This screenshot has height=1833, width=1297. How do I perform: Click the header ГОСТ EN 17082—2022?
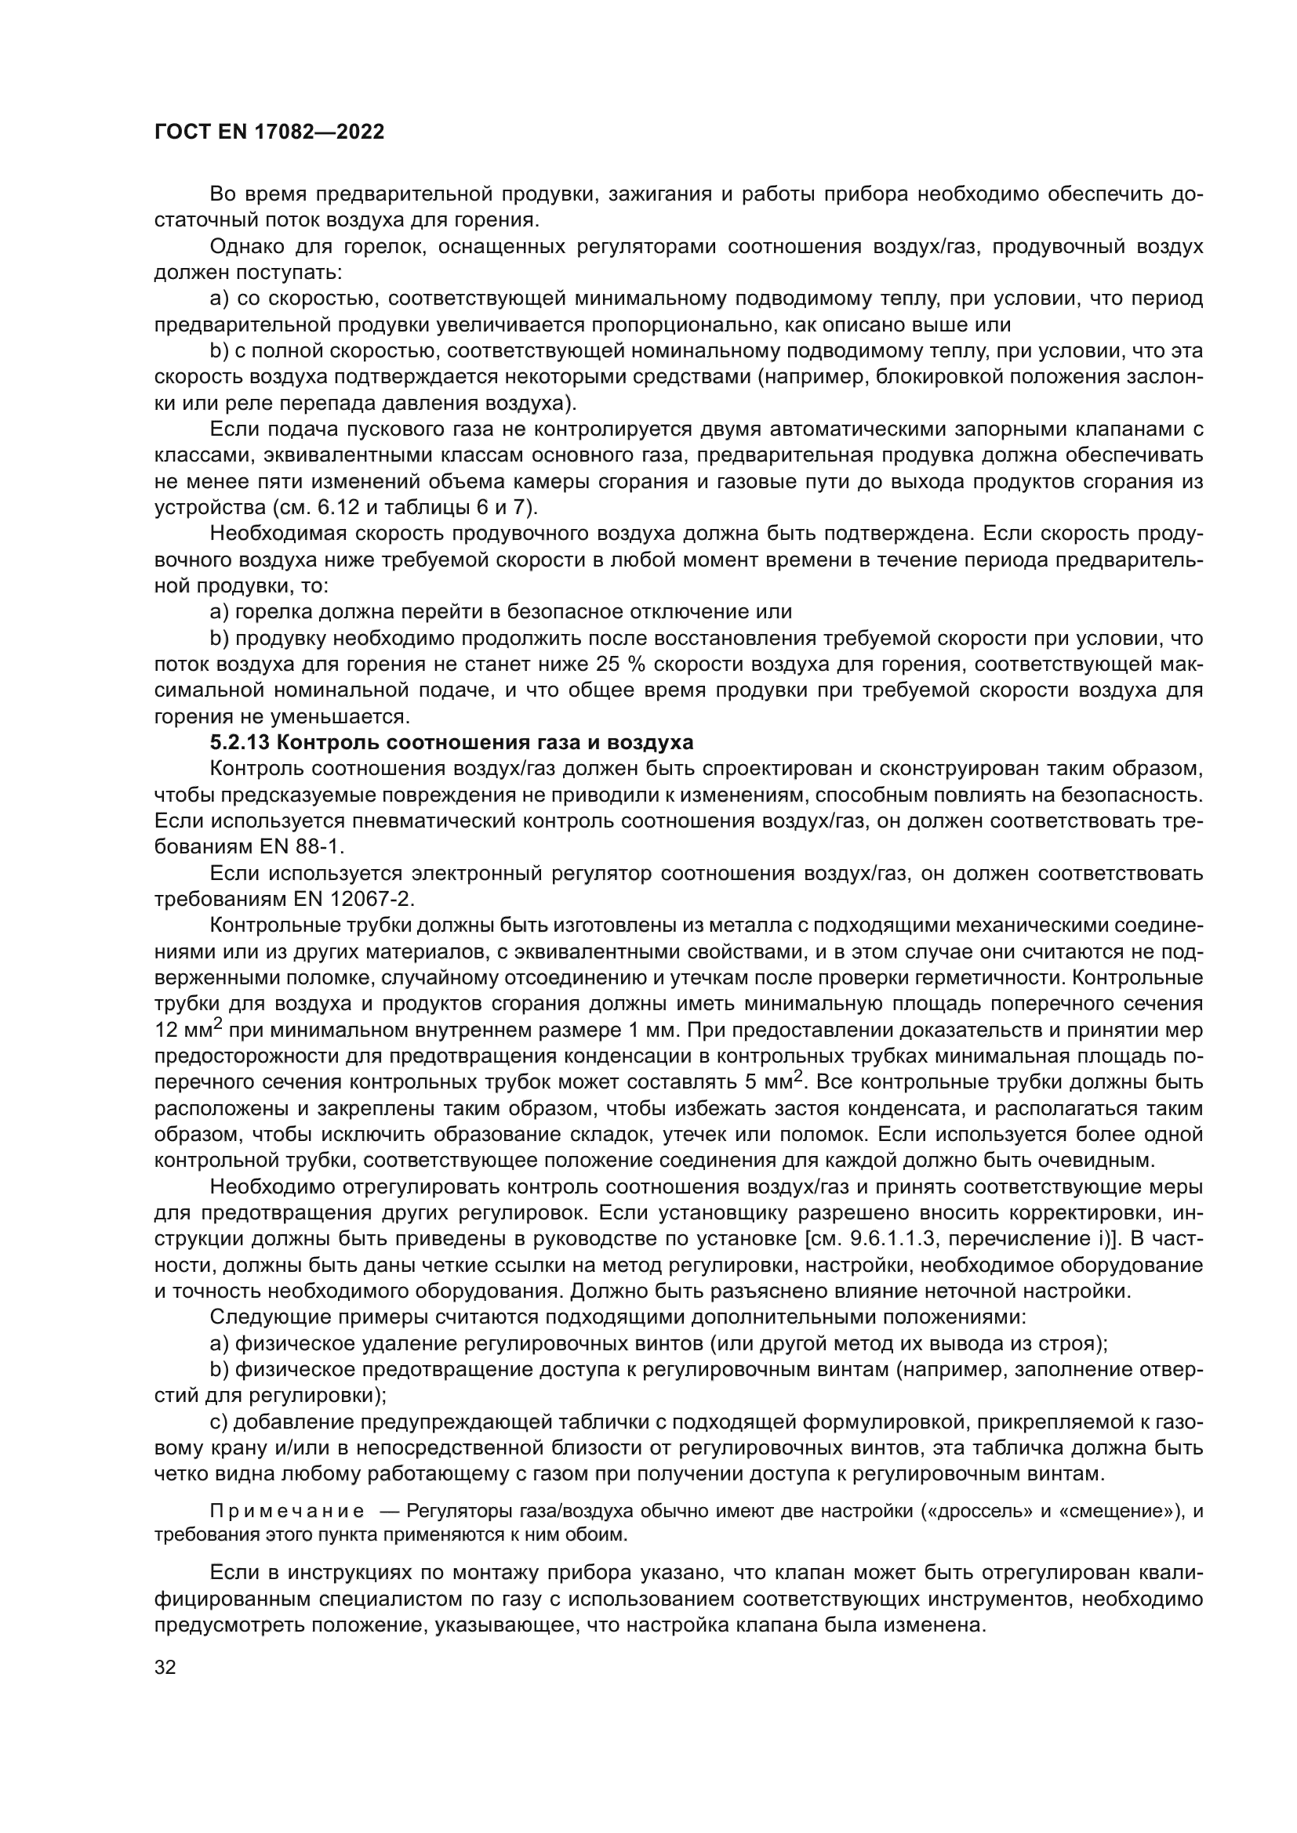[x=269, y=132]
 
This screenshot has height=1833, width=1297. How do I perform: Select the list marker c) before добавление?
[x=218, y=1422]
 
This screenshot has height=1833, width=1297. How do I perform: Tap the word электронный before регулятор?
[x=477, y=873]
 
